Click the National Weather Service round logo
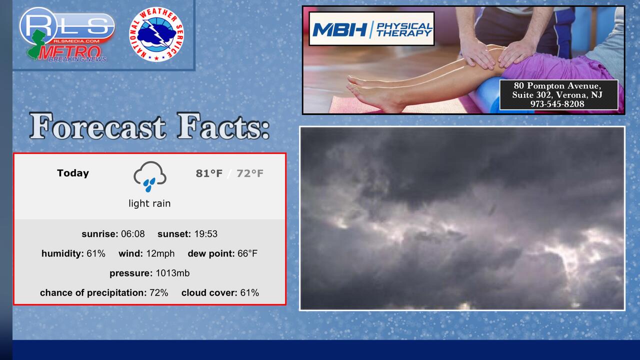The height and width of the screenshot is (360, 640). (x=156, y=34)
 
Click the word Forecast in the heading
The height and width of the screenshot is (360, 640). (x=97, y=126)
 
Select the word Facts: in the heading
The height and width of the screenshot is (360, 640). (x=223, y=126)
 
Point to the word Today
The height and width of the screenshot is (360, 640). (x=73, y=173)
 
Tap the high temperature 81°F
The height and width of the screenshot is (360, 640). (x=209, y=173)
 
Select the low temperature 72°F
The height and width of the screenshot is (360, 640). (x=249, y=173)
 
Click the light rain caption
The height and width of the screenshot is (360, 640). (x=149, y=203)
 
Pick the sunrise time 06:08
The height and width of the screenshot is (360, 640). (x=133, y=234)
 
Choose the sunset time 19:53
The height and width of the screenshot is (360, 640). (x=205, y=234)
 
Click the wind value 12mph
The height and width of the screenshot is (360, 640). (x=160, y=253)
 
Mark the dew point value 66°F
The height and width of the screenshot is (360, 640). (x=247, y=253)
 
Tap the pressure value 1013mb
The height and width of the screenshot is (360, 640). (x=172, y=273)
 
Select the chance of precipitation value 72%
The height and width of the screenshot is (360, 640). (x=159, y=293)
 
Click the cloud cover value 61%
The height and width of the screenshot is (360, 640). (x=249, y=293)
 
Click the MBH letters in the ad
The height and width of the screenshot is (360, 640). (x=339, y=29)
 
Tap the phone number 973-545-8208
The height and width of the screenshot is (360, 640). (x=557, y=104)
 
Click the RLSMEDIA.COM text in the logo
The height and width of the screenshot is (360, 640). (x=76, y=41)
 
